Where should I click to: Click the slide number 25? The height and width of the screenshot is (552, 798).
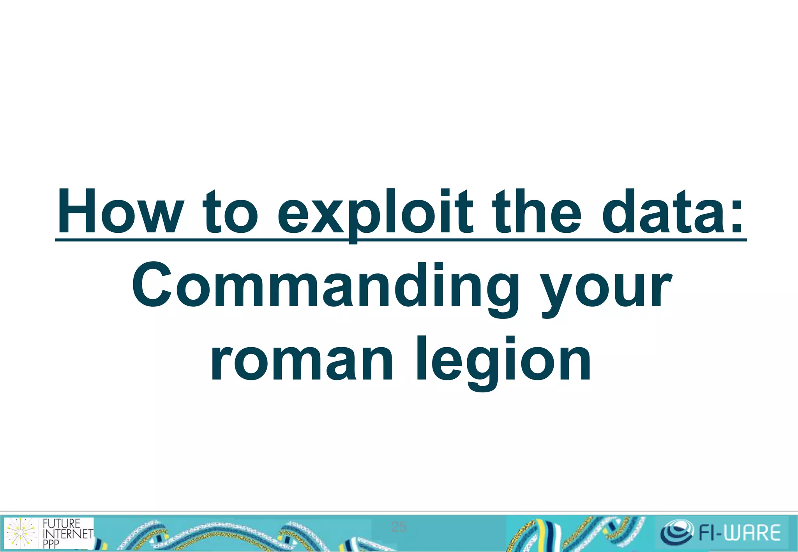(399, 527)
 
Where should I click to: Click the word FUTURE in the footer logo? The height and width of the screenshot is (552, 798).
(61, 524)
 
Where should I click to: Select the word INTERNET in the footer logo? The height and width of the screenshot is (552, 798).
(68, 534)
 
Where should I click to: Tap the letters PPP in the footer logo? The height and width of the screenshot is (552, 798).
(51, 544)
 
